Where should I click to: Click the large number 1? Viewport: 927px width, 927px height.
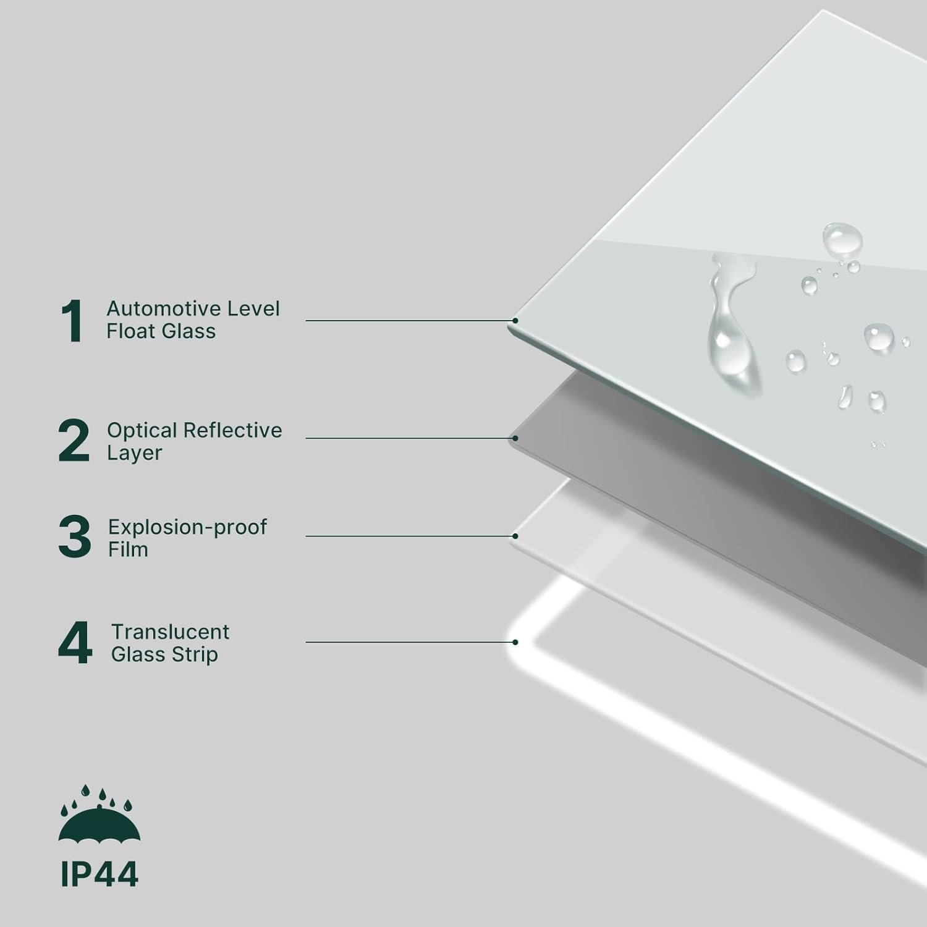click(x=73, y=320)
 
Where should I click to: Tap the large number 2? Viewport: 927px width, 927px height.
click(x=74, y=441)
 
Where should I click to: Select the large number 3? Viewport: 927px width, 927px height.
click(x=74, y=537)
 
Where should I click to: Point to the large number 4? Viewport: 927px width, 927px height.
click(x=75, y=643)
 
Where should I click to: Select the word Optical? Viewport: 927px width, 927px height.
click(x=142, y=431)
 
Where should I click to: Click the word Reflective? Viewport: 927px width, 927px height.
click(x=233, y=430)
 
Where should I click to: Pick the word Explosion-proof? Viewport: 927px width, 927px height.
click(x=187, y=527)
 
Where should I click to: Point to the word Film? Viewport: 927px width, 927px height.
click(x=128, y=549)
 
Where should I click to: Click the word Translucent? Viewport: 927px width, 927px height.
click(x=170, y=632)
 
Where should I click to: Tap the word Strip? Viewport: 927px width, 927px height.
click(x=195, y=655)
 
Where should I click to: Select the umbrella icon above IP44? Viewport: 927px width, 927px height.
click(x=99, y=813)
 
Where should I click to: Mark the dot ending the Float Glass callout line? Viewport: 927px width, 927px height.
click(x=515, y=321)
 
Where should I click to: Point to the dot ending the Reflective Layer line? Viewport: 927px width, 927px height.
click(x=515, y=438)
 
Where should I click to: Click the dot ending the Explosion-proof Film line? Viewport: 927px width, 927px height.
click(x=515, y=536)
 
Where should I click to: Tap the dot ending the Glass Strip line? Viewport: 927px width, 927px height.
click(x=515, y=642)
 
